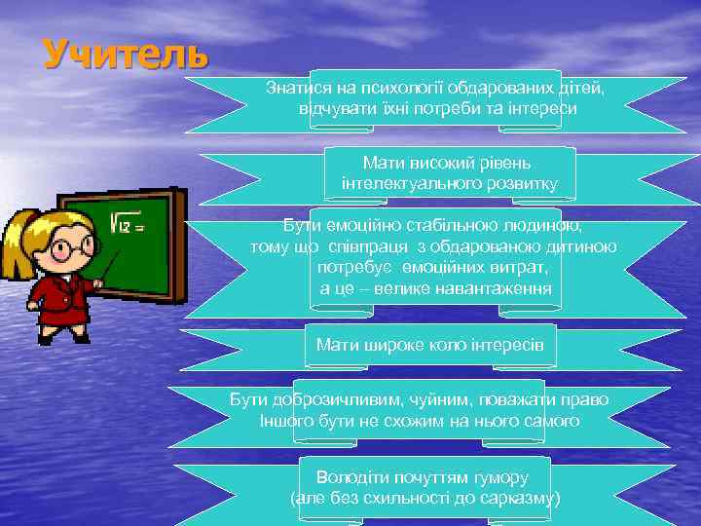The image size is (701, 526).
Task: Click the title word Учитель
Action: click(x=126, y=54)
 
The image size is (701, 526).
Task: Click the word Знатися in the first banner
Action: click(x=297, y=89)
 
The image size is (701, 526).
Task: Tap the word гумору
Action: click(x=497, y=478)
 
